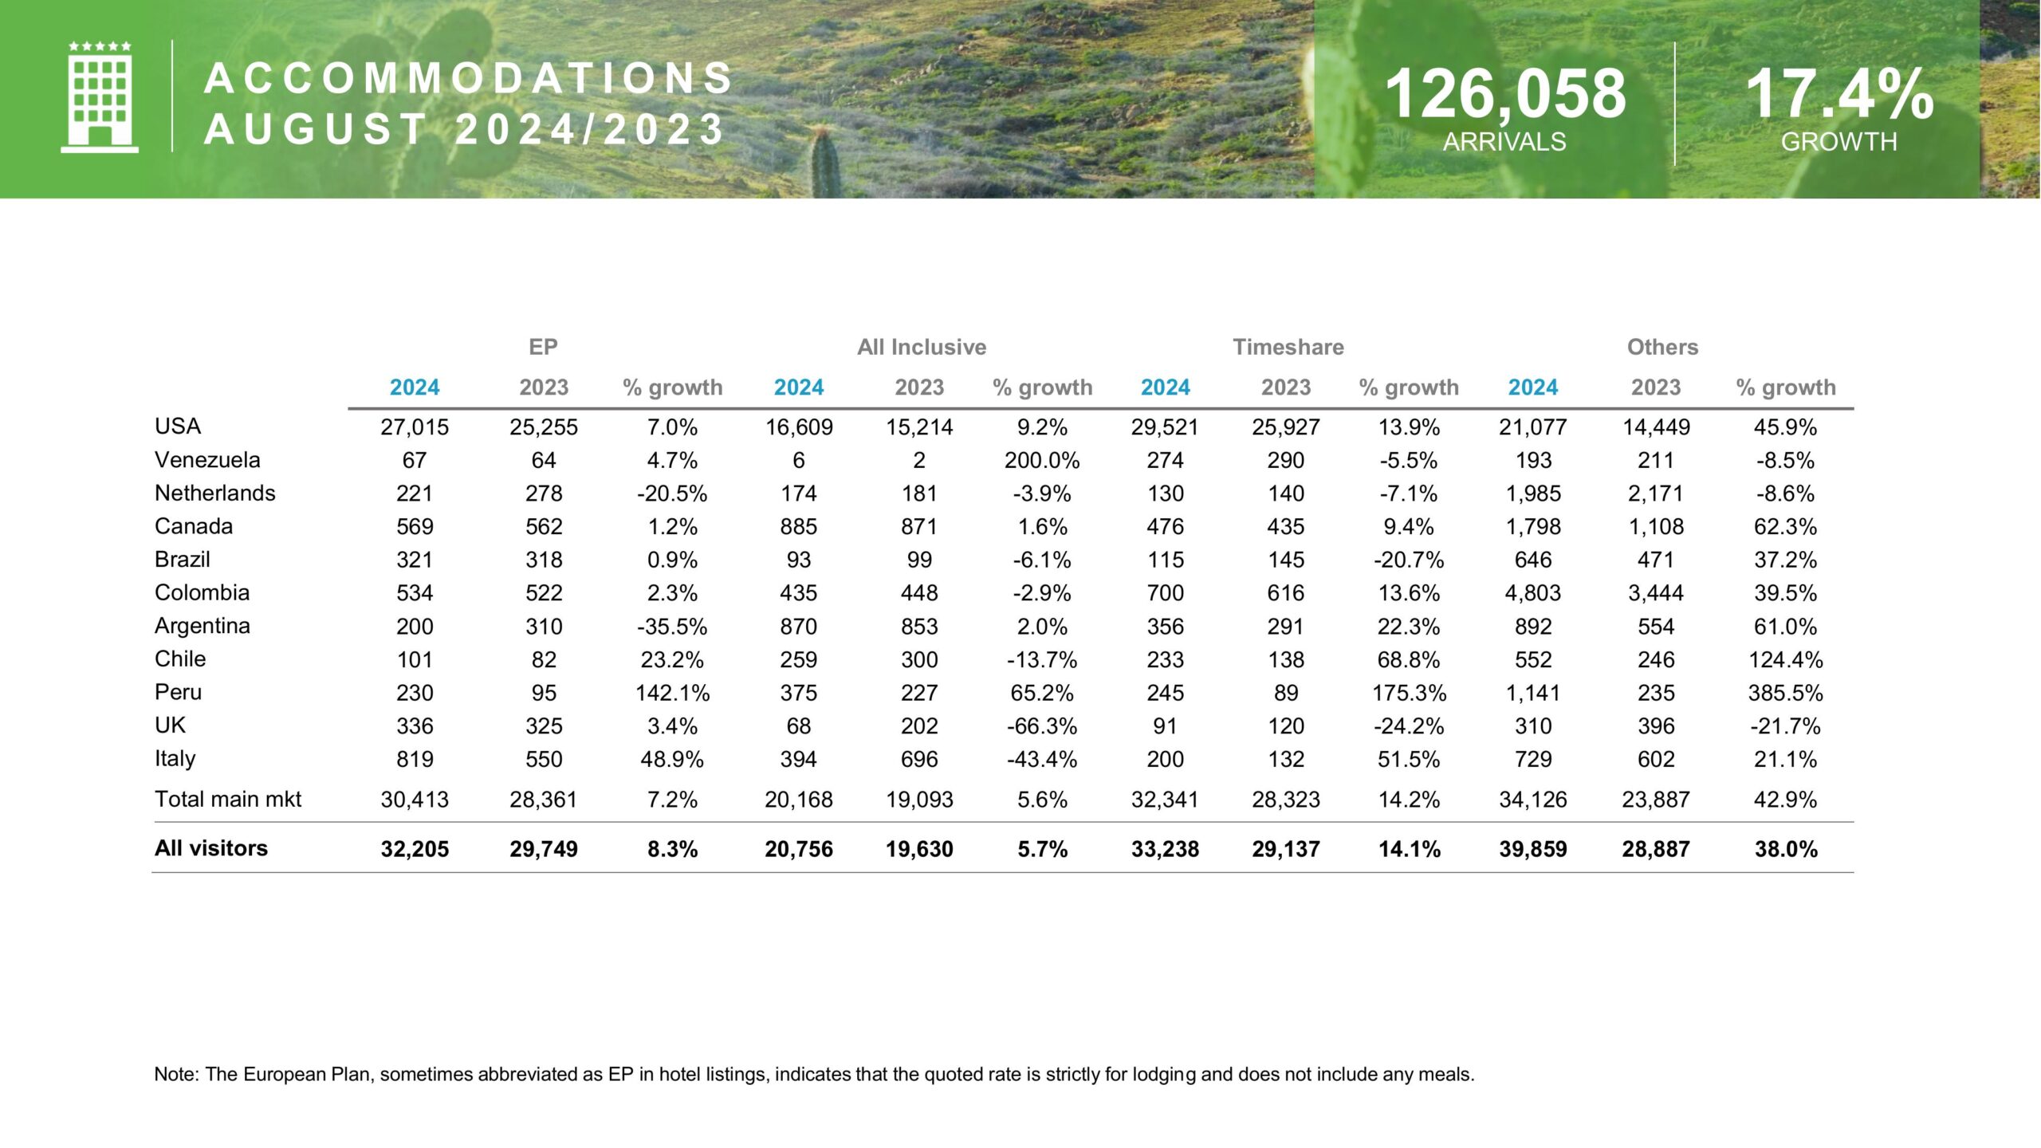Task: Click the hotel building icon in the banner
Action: click(100, 97)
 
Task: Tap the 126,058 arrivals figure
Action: click(1505, 94)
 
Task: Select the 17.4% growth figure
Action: click(1839, 94)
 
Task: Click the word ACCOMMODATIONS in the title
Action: click(469, 78)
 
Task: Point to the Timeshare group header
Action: click(1288, 347)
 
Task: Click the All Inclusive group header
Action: click(922, 347)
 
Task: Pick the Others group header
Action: click(1662, 347)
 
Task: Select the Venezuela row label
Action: click(207, 460)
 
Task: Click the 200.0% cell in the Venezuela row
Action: click(1042, 461)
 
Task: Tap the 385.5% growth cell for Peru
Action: click(1785, 693)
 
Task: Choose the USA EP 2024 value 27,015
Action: click(415, 427)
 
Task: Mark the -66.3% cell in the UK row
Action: click(1042, 726)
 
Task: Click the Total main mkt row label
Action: click(228, 799)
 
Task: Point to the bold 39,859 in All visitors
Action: click(1532, 849)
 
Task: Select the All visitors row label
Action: click(211, 848)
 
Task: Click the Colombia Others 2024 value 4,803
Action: click(1532, 593)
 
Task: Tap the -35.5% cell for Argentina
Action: click(672, 627)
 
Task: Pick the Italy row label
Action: click(175, 758)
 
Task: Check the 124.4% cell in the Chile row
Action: click(1785, 660)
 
